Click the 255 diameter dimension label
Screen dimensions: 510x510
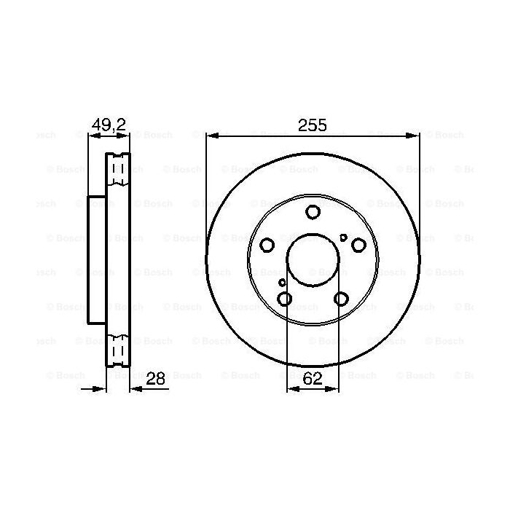[312, 125]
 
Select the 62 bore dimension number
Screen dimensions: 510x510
[313, 377]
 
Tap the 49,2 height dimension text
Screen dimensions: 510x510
[109, 125]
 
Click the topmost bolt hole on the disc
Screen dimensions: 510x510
[313, 212]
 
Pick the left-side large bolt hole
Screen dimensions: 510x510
[267, 245]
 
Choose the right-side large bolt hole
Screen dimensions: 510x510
[358, 245]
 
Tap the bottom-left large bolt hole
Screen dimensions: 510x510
[285, 298]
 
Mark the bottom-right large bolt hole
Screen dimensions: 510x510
[341, 298]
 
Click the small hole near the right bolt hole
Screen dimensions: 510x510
[343, 238]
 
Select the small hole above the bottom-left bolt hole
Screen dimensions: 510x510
[283, 283]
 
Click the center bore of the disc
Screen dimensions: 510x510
[313, 259]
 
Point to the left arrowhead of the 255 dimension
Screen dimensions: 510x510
[211, 136]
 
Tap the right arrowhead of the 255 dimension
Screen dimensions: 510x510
[415, 136]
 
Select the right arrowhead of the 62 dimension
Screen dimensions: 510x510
[334, 390]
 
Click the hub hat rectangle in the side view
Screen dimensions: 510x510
[97, 259]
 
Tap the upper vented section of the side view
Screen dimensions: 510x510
[118, 170]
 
